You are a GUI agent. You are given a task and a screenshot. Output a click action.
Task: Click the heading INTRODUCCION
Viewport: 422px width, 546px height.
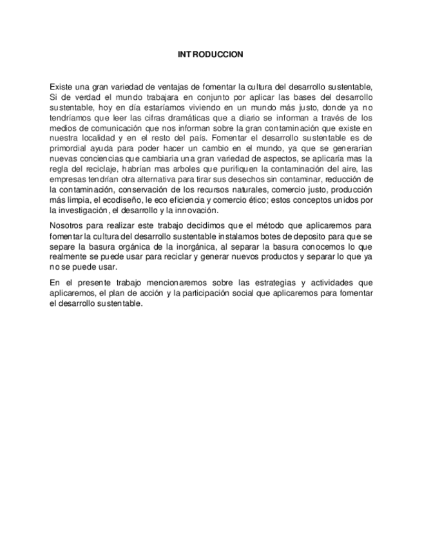point(211,55)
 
